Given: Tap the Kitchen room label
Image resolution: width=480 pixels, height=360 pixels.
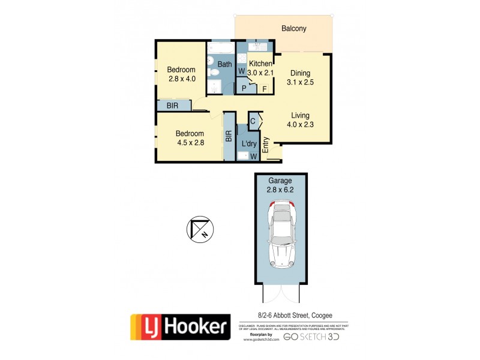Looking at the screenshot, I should click(261, 64).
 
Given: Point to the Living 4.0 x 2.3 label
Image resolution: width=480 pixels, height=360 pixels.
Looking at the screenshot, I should click(300, 121).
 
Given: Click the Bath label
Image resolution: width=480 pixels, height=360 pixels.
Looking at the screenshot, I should click(224, 64).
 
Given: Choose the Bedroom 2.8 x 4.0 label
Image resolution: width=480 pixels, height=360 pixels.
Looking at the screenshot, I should click(182, 74).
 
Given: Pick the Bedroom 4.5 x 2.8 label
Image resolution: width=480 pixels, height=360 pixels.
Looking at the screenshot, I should click(190, 138).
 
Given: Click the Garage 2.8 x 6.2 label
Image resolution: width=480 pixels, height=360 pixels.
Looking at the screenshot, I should click(280, 184).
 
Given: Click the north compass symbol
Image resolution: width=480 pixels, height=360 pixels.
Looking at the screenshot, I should click(199, 229).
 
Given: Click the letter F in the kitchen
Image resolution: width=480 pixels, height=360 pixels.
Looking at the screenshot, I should click(264, 89).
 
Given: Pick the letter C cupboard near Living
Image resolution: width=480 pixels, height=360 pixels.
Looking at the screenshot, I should click(253, 121).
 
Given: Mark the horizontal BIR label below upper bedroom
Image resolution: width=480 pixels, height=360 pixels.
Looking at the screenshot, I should click(172, 106).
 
